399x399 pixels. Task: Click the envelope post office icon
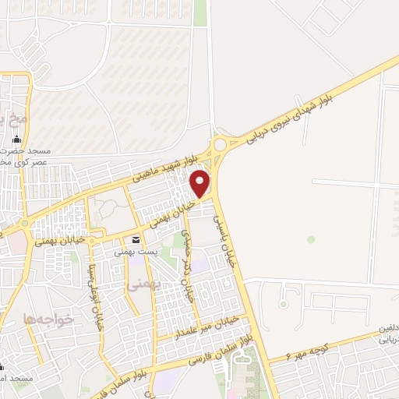136,240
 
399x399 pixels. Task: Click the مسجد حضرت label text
30,150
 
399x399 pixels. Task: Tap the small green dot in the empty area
311,239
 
